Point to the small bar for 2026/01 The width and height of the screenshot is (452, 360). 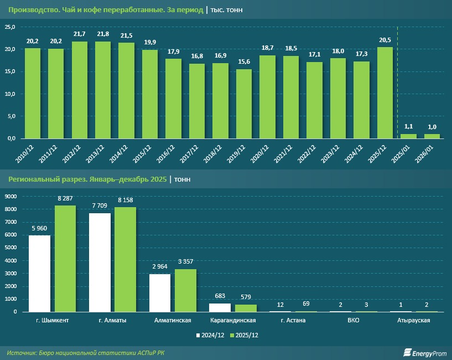(x=432, y=136)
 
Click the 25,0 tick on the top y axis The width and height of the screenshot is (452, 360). (x=10, y=27)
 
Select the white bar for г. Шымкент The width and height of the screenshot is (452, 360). (x=39, y=274)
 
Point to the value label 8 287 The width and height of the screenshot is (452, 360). (x=65, y=198)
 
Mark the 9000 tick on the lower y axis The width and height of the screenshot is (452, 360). (x=11, y=196)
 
